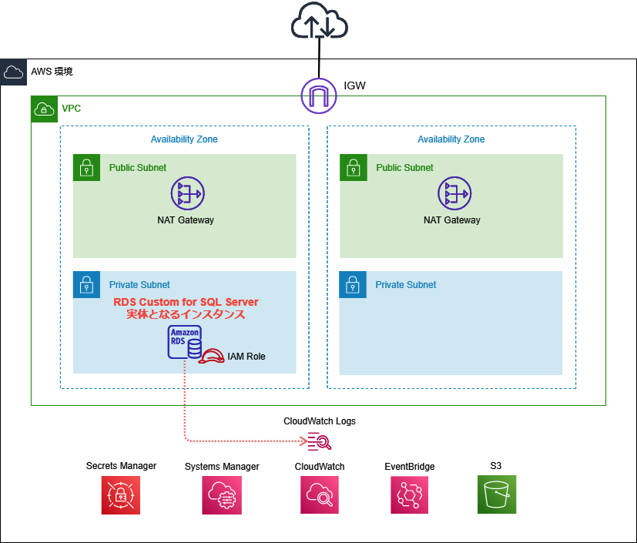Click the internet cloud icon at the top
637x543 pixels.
319,24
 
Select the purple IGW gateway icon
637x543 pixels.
319,96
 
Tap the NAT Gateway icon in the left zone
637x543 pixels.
185,193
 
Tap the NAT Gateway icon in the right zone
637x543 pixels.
451,193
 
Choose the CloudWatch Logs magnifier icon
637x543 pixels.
319,441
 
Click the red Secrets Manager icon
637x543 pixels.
121,494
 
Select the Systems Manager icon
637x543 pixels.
222,494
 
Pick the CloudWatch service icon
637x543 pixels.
320,494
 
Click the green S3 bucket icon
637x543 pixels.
497,494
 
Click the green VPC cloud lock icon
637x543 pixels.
44,109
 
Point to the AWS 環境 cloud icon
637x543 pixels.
13,72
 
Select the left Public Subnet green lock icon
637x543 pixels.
86,167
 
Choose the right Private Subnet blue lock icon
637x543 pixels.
354,284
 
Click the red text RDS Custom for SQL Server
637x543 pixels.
186,302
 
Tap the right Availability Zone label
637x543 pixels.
451,139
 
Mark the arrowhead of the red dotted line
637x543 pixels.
302,441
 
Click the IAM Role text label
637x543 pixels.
246,357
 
